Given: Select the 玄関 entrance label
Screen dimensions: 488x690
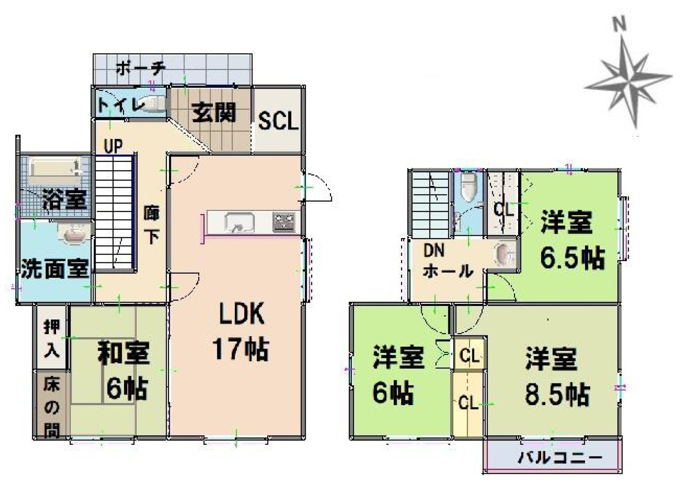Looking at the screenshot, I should coord(213,113).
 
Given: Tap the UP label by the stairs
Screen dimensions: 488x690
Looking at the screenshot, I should coord(114,146).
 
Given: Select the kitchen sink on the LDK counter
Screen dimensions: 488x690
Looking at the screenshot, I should coord(239,223).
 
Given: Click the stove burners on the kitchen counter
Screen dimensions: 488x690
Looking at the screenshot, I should coord(284,222).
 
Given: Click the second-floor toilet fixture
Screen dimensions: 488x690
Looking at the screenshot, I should coord(468,188).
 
